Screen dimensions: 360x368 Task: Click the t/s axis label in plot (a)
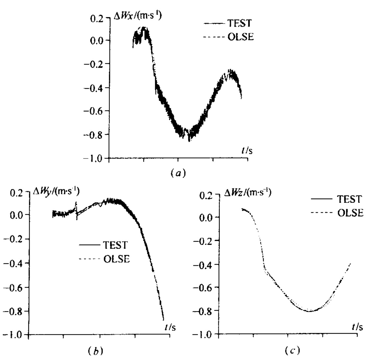point(247,151)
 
